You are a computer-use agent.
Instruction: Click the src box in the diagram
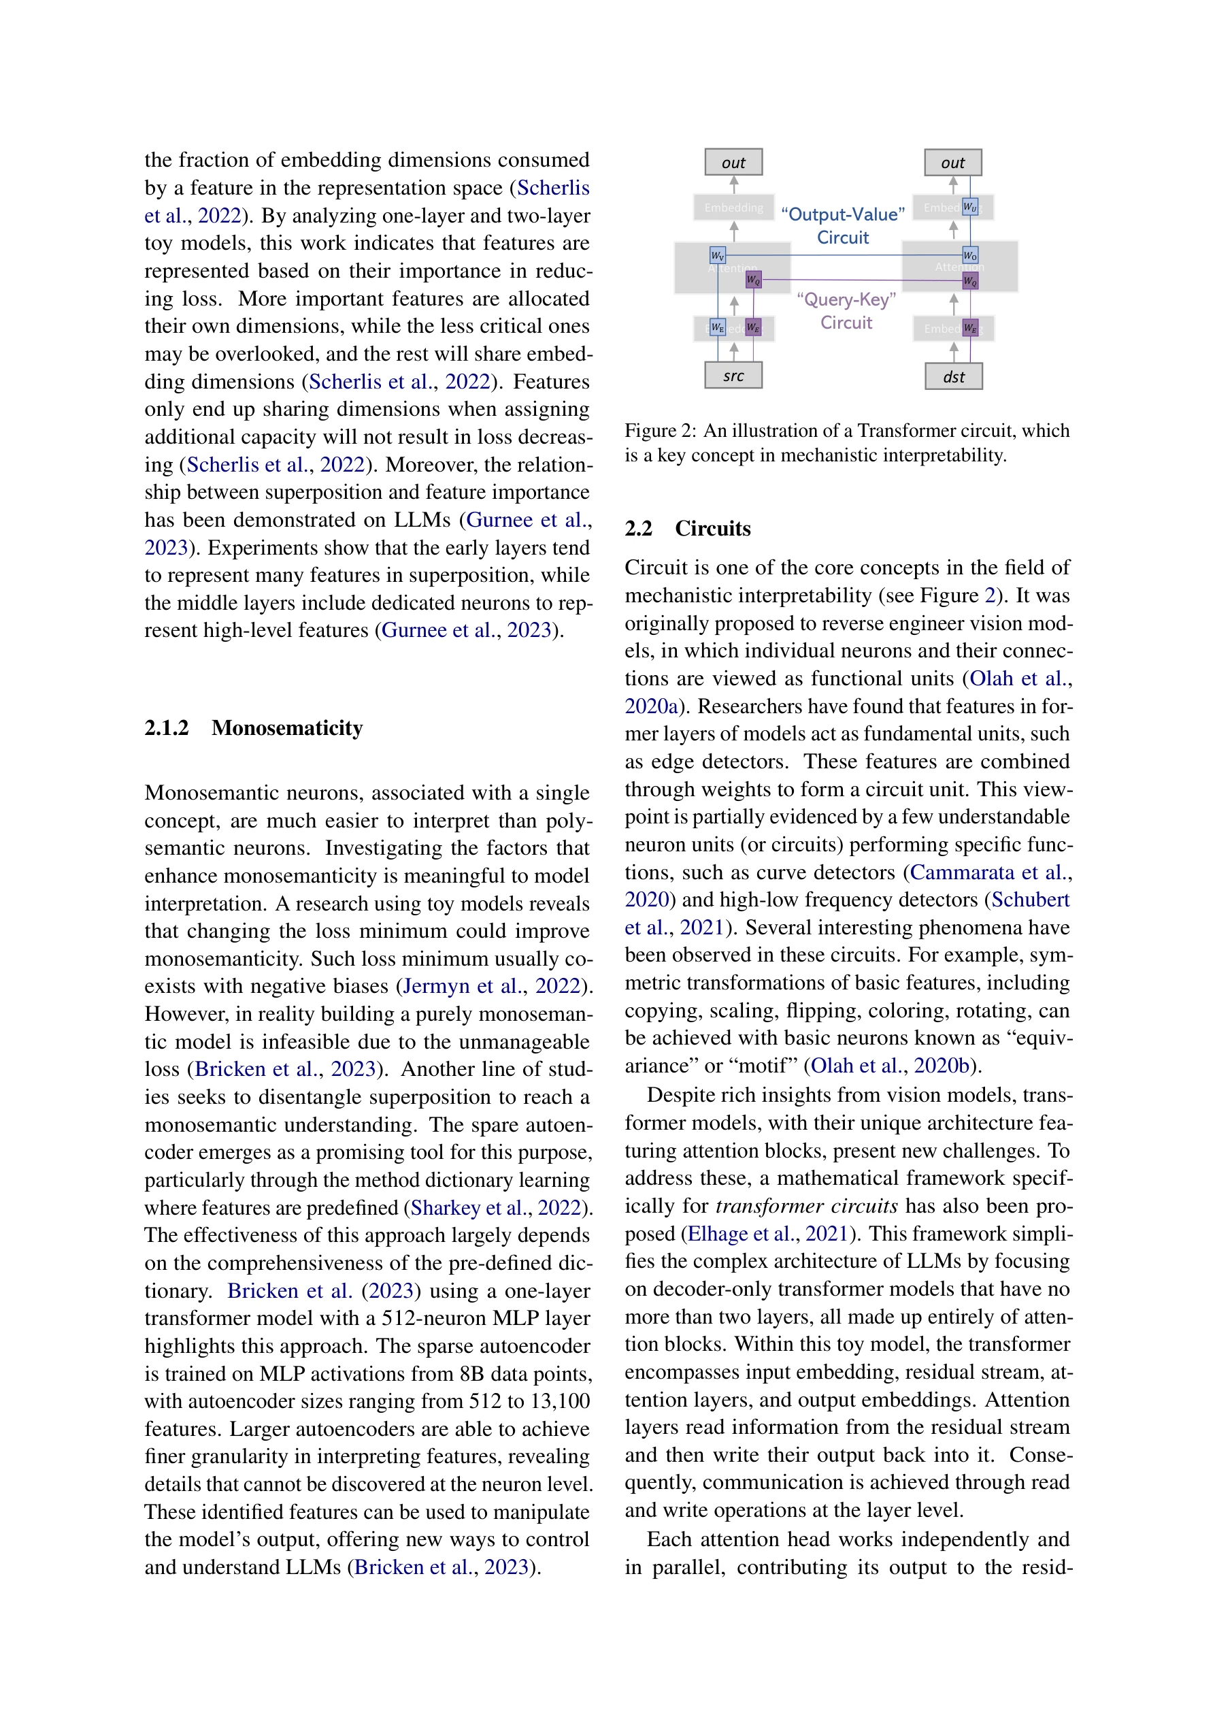733,375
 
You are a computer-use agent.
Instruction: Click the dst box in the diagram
953,376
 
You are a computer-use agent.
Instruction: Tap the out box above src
733,162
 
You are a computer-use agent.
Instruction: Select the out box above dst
952,162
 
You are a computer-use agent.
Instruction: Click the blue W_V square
717,255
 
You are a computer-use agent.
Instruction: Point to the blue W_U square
969,207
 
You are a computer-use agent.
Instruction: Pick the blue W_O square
969,255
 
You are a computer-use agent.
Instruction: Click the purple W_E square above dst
969,328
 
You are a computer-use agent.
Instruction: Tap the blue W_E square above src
717,327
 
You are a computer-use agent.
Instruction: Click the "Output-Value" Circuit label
842,225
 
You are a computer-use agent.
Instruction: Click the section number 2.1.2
166,727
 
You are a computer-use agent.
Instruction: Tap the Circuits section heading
712,529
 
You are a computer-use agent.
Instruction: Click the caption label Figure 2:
661,431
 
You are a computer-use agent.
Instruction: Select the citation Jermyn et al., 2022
491,986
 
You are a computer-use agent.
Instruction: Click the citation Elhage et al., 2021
767,1234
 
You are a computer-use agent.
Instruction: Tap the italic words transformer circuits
806,1206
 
